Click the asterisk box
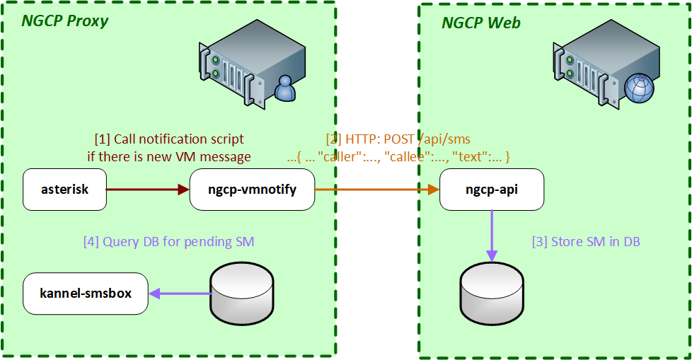point(64,189)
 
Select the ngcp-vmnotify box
point(252,190)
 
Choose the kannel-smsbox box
point(86,293)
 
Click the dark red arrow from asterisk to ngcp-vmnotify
point(148,189)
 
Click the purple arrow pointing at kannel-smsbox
point(180,294)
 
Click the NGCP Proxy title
point(65,21)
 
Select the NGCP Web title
point(481,23)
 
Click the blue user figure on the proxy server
point(285,88)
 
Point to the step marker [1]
point(103,139)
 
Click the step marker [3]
point(540,241)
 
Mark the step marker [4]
point(91,241)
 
